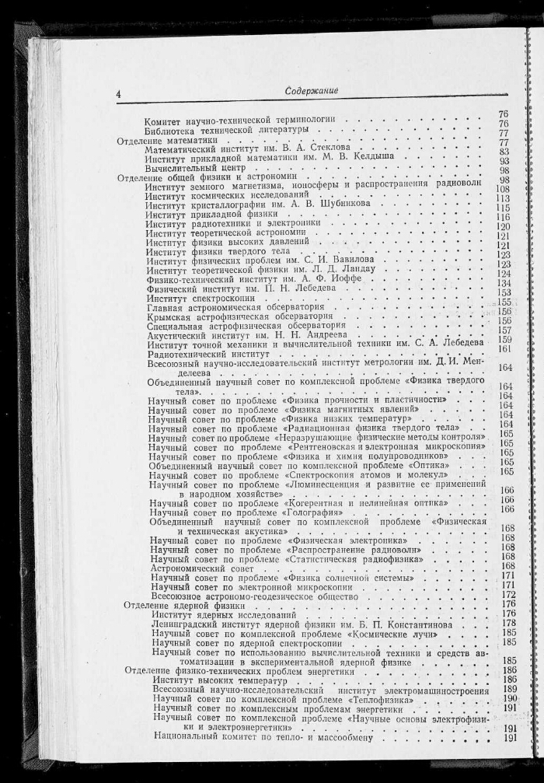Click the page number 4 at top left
click(x=118, y=94)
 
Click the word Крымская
click(x=171, y=318)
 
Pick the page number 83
click(x=504, y=152)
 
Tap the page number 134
click(x=504, y=284)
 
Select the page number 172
click(x=508, y=595)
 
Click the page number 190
click(x=510, y=698)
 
